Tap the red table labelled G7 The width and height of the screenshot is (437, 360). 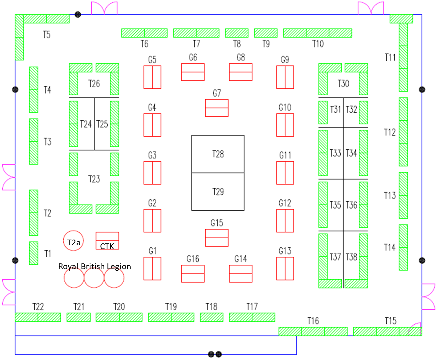[217, 108]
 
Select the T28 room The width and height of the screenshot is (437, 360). [218, 154]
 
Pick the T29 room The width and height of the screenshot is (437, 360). [218, 192]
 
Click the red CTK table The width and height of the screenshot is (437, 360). [107, 241]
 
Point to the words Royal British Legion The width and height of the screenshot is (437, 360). [95, 266]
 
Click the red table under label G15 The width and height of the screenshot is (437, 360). [217, 238]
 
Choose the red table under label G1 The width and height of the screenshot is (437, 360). [152, 268]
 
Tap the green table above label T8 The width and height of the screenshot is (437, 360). [237, 33]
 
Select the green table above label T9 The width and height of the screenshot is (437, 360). [266, 33]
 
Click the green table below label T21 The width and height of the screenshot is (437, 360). [79, 317]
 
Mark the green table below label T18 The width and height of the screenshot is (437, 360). [212, 317]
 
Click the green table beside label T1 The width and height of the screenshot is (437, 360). [33, 253]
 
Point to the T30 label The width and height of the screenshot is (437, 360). [343, 84]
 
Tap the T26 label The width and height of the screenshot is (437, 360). [94, 84]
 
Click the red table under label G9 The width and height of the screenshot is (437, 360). [285, 77]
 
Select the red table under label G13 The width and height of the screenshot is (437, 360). [285, 268]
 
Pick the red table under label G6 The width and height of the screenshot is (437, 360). [193, 72]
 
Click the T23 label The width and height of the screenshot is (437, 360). [94, 179]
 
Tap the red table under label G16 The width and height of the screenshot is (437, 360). [193, 274]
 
